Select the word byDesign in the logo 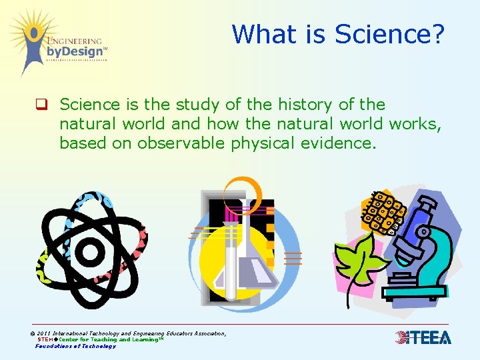(x=75, y=51)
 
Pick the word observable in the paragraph (x=187, y=143)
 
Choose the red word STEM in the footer (x=46, y=339)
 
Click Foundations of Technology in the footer (x=75, y=346)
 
